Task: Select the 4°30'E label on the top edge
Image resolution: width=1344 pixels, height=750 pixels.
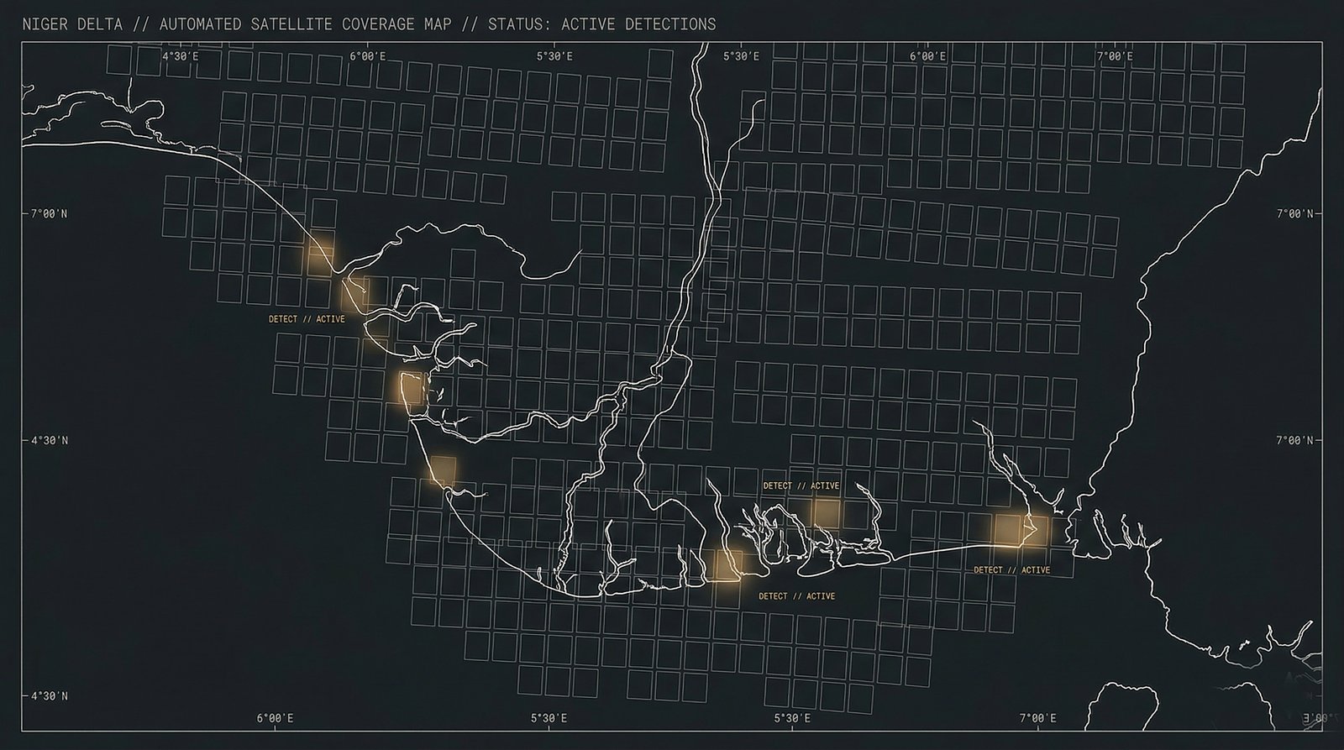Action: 180,56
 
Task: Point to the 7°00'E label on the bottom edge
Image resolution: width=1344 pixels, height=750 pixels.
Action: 1038,719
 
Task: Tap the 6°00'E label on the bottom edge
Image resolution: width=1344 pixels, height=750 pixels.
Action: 275,719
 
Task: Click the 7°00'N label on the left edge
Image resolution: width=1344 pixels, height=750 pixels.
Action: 50,214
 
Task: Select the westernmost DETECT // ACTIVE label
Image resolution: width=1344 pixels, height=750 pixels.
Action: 307,319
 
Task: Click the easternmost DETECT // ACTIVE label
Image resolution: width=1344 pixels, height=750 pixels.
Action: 1011,570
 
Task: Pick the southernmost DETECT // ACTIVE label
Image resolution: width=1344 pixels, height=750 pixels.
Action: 796,596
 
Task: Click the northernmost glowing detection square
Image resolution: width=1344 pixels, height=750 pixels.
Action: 320,254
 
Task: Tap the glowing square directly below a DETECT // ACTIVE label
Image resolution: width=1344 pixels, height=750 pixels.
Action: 826,511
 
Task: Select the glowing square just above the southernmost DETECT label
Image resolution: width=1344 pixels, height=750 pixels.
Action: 724,564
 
